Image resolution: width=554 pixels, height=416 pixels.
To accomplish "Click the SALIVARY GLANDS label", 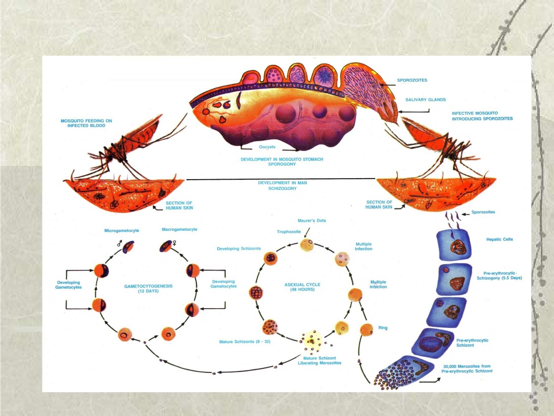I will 426,100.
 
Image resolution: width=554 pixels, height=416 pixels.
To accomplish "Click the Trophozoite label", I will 289,232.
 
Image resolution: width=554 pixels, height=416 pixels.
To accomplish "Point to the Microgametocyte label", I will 122,230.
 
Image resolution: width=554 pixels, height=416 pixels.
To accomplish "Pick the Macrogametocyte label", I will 179,229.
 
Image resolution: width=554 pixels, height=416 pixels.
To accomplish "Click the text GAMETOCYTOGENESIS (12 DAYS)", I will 148,288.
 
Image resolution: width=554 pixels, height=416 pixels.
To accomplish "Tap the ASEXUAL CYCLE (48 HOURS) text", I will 302,287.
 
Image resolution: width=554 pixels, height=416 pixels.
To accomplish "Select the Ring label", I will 383,328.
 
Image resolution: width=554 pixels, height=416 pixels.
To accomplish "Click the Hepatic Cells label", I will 499,239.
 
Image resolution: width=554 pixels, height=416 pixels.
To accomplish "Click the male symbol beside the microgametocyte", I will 120,243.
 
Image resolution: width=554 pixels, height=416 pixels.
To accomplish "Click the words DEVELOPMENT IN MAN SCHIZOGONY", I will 278,185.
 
